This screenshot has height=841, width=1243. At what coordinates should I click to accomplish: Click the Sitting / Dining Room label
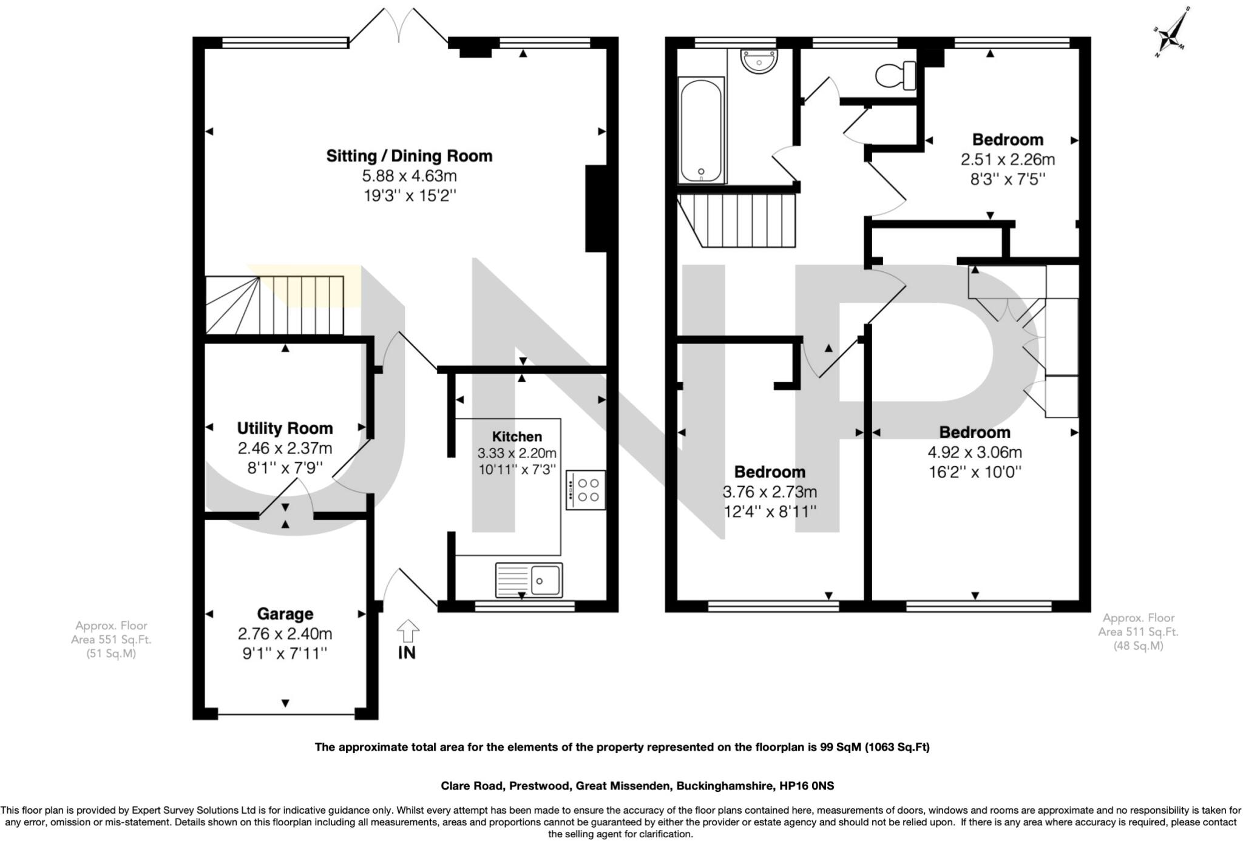point(409,156)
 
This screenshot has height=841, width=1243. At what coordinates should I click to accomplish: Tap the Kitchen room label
point(517,436)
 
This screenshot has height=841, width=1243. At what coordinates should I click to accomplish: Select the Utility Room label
point(285,428)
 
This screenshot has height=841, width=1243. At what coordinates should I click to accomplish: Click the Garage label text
point(285,614)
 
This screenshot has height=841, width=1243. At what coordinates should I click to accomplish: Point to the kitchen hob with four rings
point(586,490)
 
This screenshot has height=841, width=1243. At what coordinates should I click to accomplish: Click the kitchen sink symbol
point(529,580)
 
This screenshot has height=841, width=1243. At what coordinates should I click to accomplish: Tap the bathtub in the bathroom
point(701,130)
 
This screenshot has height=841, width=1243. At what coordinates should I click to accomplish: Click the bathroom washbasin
point(758,61)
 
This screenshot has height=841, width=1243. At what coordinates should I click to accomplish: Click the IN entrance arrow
point(407,632)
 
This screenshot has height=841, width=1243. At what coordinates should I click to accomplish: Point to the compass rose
point(1171,35)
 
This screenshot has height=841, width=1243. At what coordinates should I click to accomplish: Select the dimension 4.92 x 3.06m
point(975,452)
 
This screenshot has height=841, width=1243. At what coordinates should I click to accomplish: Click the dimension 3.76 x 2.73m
point(770,491)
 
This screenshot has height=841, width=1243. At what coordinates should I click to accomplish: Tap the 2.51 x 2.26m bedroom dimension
point(1008,160)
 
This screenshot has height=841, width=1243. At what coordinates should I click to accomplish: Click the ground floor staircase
point(275,305)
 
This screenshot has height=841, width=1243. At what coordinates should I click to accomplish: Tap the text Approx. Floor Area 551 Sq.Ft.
point(111,639)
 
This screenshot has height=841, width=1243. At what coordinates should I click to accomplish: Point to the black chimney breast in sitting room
point(596,208)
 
